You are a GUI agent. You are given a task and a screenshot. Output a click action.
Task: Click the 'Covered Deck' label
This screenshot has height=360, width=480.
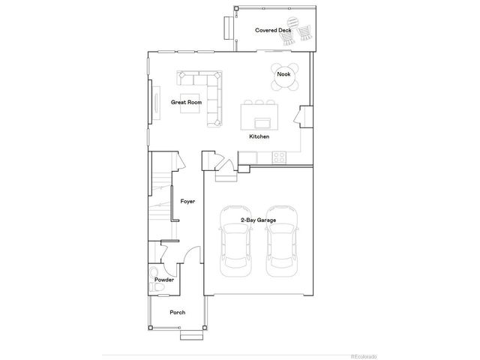pyautogui.click(x=273, y=30)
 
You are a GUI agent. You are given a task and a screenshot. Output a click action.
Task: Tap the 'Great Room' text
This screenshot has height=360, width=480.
pyautogui.click(x=185, y=101)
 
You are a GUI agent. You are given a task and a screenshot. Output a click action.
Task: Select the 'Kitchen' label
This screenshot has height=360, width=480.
pyautogui.click(x=259, y=136)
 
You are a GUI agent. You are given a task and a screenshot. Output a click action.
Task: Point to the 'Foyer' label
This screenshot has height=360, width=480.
pyautogui.click(x=187, y=201)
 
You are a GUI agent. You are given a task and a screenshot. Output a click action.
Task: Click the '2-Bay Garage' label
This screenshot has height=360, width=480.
pyautogui.click(x=258, y=220)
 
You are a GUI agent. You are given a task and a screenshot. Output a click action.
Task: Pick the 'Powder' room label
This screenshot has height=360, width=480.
pyautogui.click(x=164, y=280)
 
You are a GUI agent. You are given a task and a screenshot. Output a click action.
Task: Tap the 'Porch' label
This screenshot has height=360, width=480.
pyautogui.click(x=177, y=312)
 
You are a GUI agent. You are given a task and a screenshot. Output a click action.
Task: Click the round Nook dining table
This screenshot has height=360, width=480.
pyautogui.click(x=283, y=74)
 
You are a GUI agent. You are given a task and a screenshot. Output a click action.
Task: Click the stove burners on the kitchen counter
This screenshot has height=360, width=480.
pyautogui.click(x=278, y=157)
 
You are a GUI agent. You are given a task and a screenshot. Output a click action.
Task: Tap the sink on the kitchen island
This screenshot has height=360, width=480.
pyautogui.click(x=262, y=121)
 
